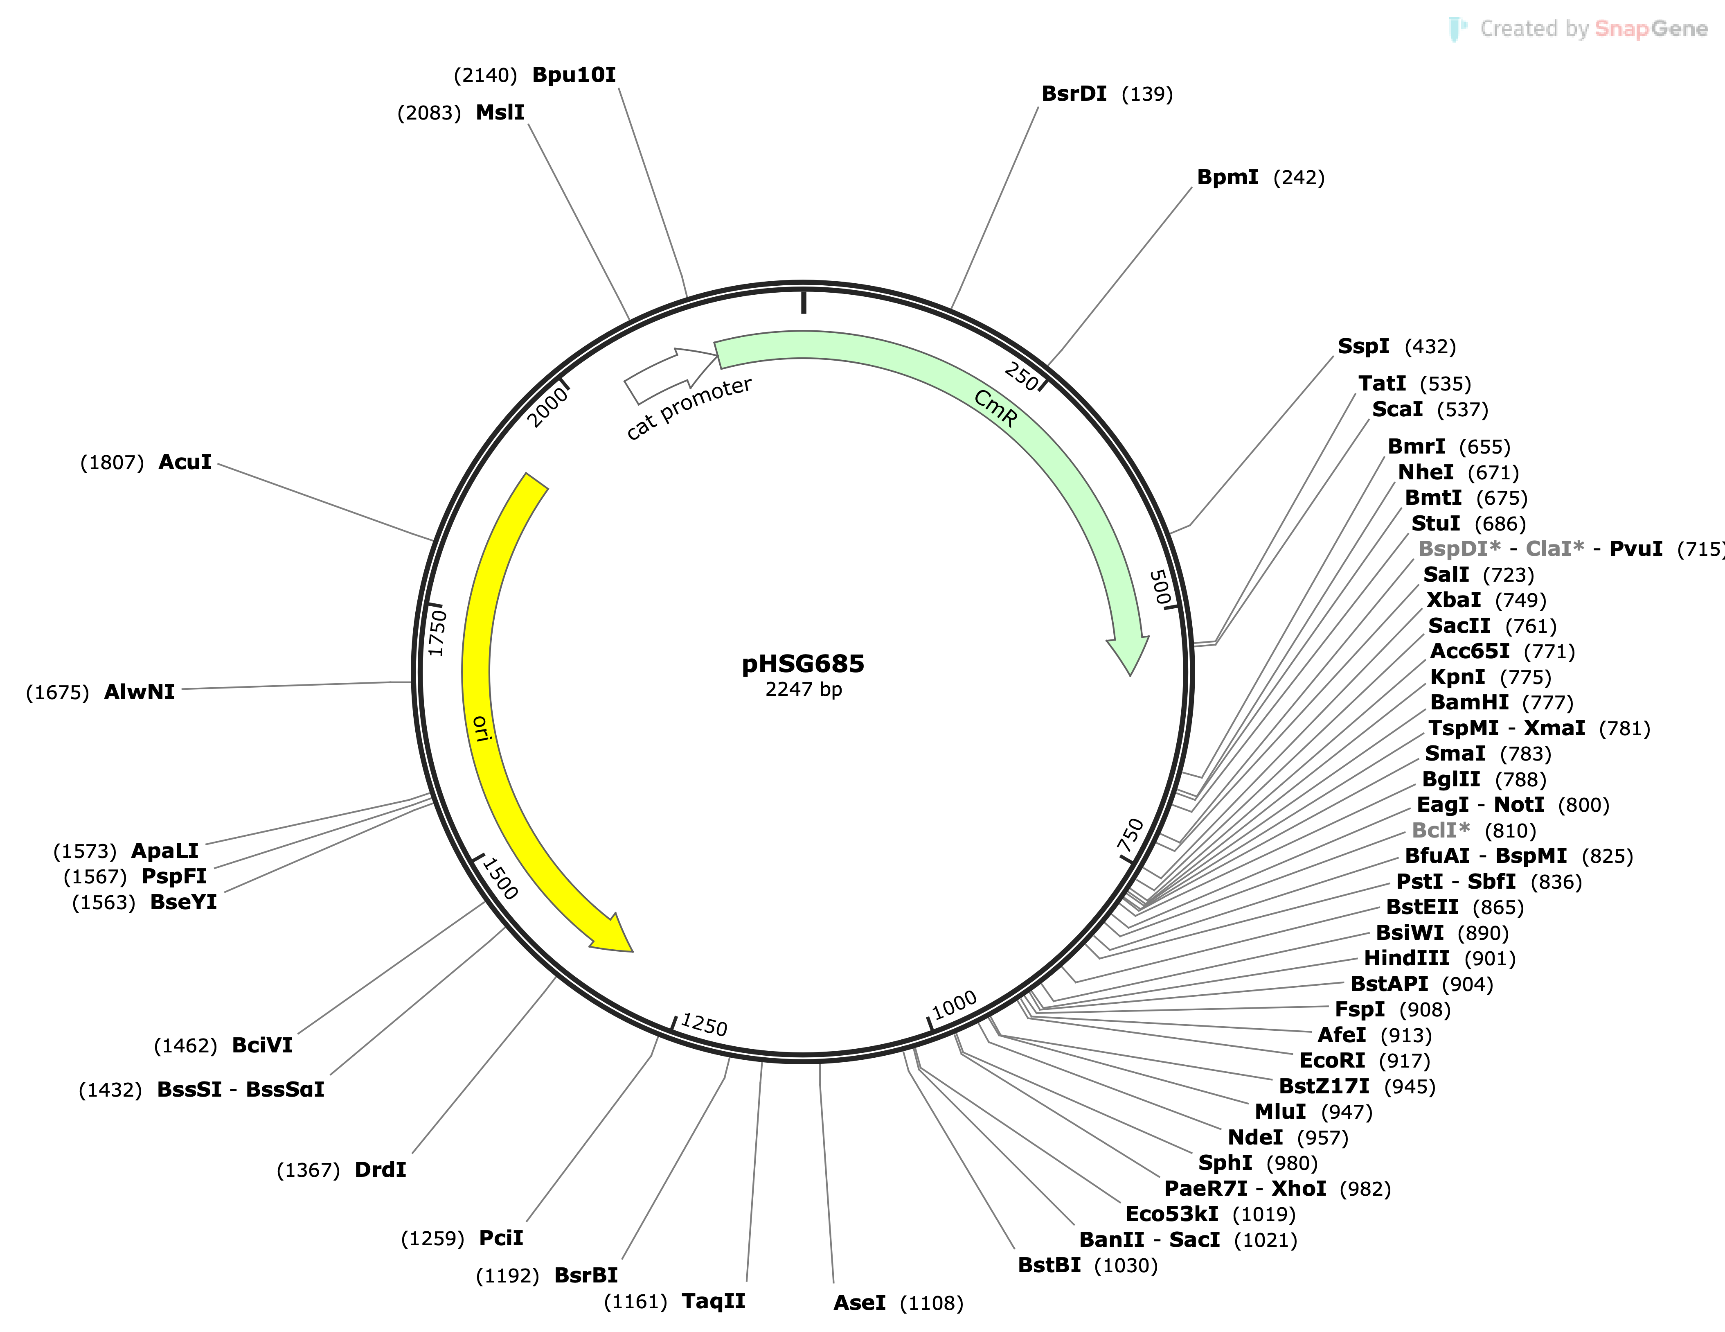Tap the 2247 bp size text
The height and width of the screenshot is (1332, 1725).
803,690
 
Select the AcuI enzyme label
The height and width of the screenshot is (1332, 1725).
185,462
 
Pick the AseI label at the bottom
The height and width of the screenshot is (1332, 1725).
859,1303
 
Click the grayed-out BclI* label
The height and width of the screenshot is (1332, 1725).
1441,830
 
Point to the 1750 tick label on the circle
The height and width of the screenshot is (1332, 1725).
437,632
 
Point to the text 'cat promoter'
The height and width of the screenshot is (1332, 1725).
689,409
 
